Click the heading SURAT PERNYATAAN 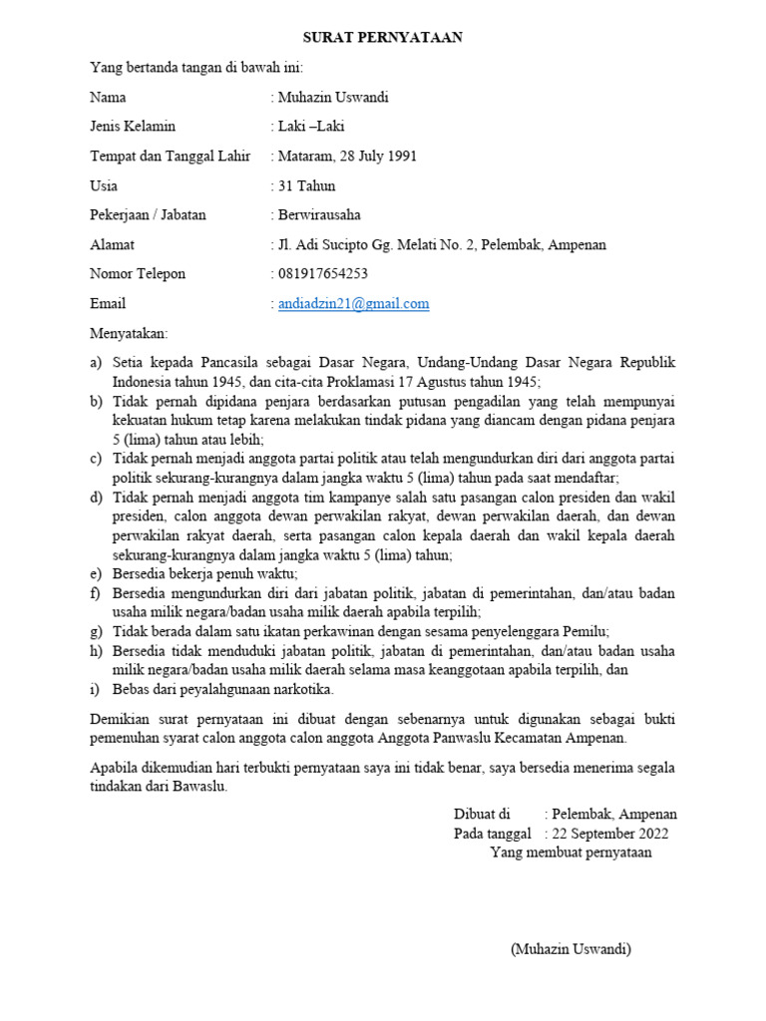[x=383, y=38]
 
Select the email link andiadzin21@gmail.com [x=353, y=304]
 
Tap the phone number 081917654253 [x=322, y=274]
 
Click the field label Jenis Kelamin [x=133, y=127]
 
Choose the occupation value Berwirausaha [x=319, y=215]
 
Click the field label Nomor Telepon [x=138, y=274]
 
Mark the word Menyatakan [x=129, y=332]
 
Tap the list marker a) [x=97, y=362]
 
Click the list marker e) [x=96, y=574]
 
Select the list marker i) [x=95, y=689]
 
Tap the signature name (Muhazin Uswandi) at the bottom [x=571, y=949]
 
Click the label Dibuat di [x=482, y=814]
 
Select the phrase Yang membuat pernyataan [x=571, y=852]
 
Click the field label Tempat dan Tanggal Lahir [x=171, y=157]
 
